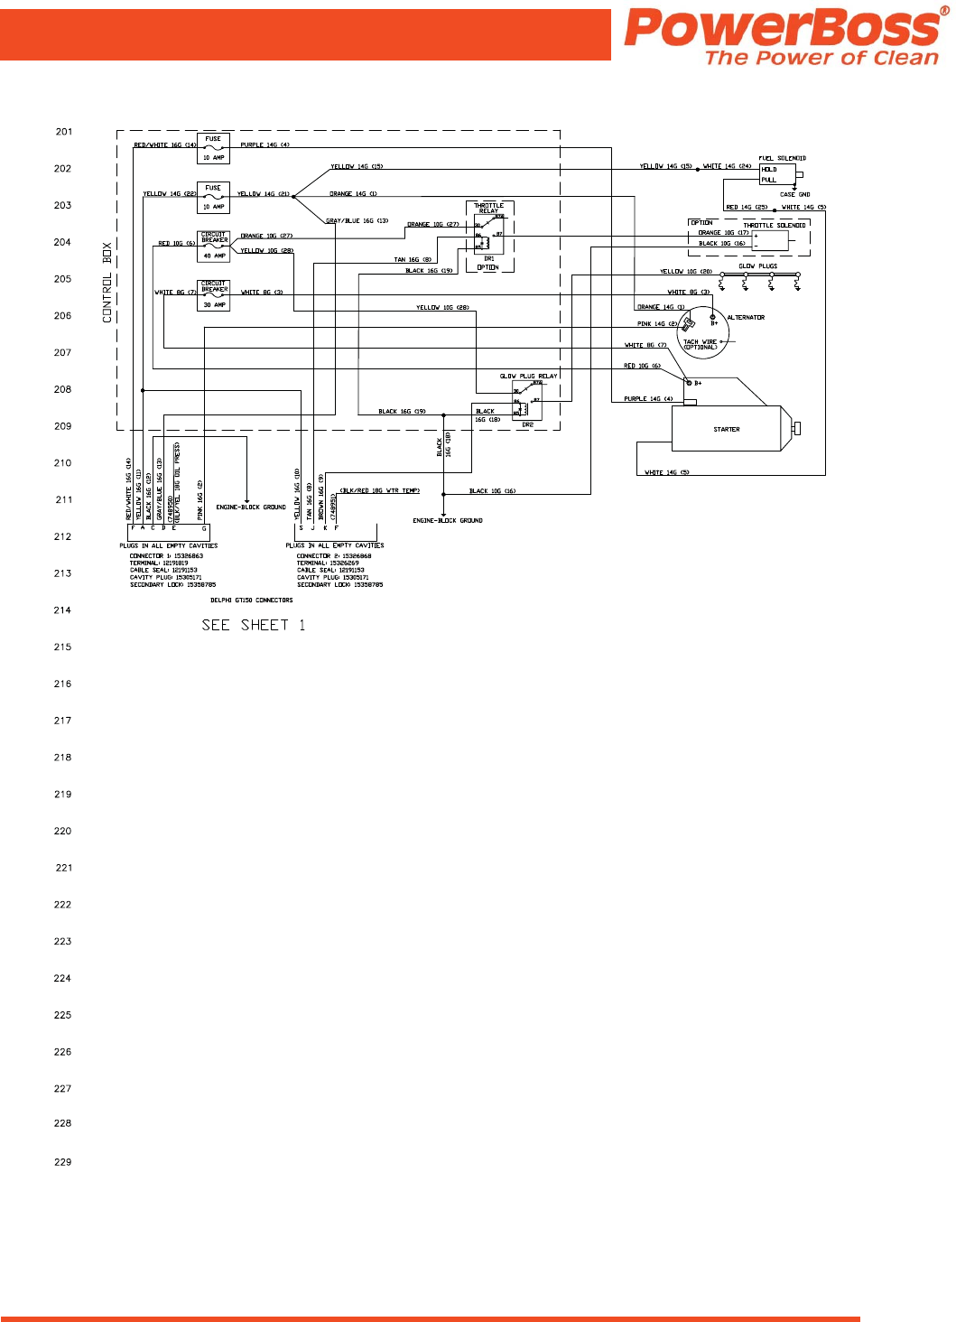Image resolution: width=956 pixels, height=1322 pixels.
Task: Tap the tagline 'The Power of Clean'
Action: [x=821, y=58]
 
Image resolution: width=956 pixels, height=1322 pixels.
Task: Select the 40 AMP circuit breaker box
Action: [x=214, y=247]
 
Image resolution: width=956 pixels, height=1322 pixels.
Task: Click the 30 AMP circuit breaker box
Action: [x=214, y=295]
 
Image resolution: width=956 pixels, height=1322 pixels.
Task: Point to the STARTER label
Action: [x=727, y=430]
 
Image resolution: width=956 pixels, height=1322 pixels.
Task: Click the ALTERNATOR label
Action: [x=746, y=318]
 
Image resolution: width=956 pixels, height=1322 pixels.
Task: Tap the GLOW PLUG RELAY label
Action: [x=528, y=377]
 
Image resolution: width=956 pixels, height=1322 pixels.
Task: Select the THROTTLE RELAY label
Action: [x=489, y=209]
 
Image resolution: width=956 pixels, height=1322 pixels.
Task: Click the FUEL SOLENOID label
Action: [x=782, y=159]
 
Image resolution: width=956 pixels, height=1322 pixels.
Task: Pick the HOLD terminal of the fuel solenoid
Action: [x=769, y=170]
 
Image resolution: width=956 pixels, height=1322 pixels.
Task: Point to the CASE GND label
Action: [x=795, y=194]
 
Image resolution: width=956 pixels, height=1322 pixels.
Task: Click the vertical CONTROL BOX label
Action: [x=107, y=282]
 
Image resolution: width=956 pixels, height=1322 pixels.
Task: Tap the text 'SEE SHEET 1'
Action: [x=254, y=625]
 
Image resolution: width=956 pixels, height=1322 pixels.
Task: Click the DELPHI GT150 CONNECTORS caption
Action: [x=252, y=600]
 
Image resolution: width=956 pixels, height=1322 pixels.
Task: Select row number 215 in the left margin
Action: [x=62, y=647]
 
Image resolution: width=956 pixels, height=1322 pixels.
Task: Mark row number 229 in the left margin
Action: [x=62, y=1162]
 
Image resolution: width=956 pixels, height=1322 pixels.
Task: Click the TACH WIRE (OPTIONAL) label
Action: [x=701, y=344]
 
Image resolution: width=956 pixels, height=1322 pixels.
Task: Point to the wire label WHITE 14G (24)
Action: [x=727, y=166]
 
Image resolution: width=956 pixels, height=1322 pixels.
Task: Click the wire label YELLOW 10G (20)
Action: [x=686, y=272]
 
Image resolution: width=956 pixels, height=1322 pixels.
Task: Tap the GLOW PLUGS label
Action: [x=758, y=266]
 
